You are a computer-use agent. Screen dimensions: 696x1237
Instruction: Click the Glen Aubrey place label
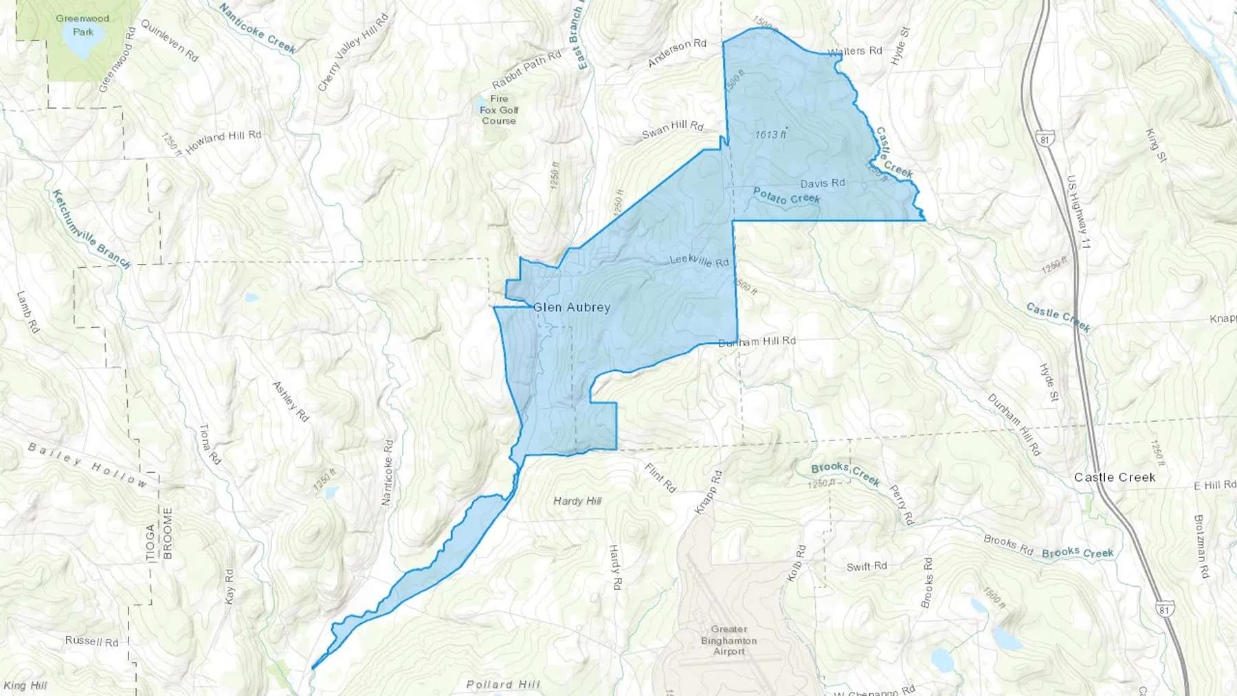pos(572,307)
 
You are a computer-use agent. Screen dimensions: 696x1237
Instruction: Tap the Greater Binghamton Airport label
pos(728,640)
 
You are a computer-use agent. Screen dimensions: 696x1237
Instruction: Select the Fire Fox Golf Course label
pos(499,110)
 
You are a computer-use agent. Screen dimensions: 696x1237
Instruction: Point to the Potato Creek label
pos(787,197)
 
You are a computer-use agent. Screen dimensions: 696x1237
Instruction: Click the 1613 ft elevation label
pos(770,135)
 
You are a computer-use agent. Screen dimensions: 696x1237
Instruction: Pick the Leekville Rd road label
pos(699,261)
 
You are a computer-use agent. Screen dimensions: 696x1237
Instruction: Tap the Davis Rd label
pos(823,183)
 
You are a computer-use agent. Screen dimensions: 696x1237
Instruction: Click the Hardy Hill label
pos(577,501)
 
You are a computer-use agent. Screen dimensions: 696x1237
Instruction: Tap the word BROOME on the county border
pos(168,533)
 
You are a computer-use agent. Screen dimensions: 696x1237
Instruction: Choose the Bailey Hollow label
pos(87,464)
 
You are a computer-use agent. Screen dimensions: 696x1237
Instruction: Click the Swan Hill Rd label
pos(673,129)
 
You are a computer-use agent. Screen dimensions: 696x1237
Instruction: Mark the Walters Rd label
pos(854,52)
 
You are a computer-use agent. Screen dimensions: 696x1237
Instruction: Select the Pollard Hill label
pos(503,684)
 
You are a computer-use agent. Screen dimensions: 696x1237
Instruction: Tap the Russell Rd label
pos(91,641)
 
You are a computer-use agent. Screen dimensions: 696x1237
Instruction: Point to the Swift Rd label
pos(867,566)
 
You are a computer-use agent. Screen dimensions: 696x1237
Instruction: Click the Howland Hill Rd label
pos(223,141)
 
